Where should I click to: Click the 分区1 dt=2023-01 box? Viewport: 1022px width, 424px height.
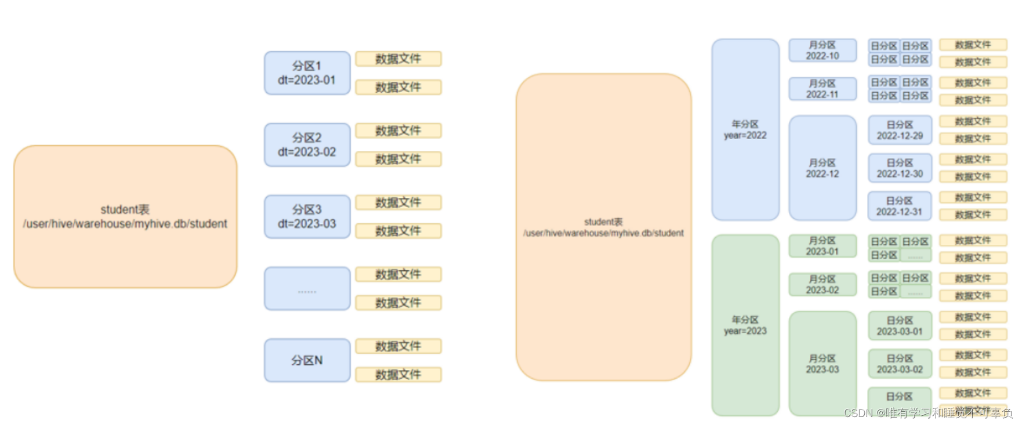[x=307, y=73]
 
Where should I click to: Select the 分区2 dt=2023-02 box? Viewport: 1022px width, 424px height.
[x=307, y=145]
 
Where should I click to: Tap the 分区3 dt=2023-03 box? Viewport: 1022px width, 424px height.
[x=307, y=217]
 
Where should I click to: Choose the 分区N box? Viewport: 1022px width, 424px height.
[x=307, y=360]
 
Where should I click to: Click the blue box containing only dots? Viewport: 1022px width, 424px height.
[x=307, y=289]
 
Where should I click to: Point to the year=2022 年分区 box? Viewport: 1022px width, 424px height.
[x=745, y=130]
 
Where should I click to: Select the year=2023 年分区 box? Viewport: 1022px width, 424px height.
[x=745, y=325]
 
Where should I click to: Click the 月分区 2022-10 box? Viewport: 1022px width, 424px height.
[x=822, y=50]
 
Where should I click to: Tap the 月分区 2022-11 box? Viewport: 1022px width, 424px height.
[x=822, y=89]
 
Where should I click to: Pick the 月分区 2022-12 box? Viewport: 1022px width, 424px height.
[x=822, y=168]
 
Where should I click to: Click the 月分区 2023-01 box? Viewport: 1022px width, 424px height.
[x=822, y=246]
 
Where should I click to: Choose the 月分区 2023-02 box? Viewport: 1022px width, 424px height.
[x=822, y=284]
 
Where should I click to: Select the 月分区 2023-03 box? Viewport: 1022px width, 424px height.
[x=822, y=364]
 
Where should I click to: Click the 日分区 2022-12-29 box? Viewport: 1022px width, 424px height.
[x=900, y=130]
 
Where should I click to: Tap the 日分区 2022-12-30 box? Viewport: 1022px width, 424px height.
[x=900, y=168]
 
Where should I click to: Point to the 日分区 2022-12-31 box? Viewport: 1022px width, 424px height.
[x=900, y=206]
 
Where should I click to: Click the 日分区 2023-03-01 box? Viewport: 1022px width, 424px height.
[x=900, y=326]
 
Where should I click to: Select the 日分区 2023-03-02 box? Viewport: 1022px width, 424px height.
[x=900, y=364]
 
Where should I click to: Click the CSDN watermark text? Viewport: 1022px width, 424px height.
[x=928, y=413]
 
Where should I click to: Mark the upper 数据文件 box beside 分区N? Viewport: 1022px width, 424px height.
[x=398, y=346]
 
